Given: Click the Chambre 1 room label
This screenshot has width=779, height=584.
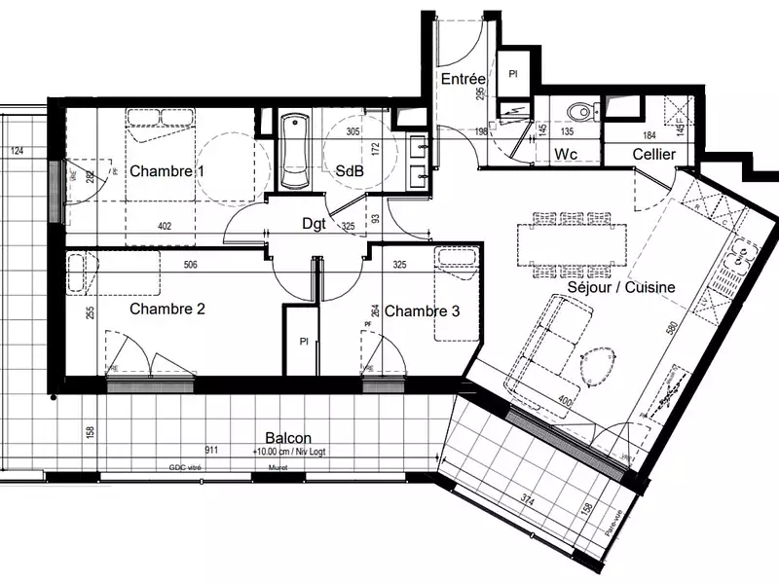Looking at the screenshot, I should tap(167, 171).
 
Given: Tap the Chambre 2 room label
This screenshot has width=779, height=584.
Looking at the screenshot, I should tap(167, 310).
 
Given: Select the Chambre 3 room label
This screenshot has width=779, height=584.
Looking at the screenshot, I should tap(422, 311).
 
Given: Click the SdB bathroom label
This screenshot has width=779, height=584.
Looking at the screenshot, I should tap(350, 170).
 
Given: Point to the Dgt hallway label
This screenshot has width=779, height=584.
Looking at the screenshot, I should tap(313, 224).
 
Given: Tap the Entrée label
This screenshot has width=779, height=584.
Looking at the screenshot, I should tap(463, 79).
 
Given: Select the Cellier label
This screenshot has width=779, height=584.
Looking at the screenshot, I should tap(654, 155).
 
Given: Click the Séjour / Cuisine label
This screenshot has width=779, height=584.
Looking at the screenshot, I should tap(620, 287).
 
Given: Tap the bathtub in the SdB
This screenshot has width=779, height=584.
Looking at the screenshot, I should tap(294, 153).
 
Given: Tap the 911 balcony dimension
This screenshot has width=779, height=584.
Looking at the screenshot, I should tap(211, 452).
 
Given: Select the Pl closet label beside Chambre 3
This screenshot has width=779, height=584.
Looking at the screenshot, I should tap(304, 343).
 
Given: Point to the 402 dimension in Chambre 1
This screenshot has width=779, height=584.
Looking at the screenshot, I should tap(165, 227).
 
